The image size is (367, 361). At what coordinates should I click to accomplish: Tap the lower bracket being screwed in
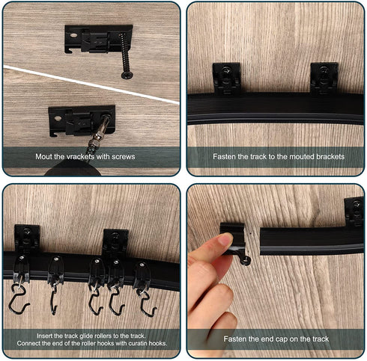pos(78,120)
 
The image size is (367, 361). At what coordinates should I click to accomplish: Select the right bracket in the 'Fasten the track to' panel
pos(324,77)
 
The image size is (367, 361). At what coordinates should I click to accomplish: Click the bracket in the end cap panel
pos(354,212)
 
